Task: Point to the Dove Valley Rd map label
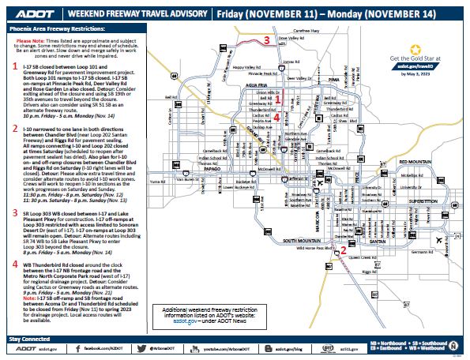[291, 37]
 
